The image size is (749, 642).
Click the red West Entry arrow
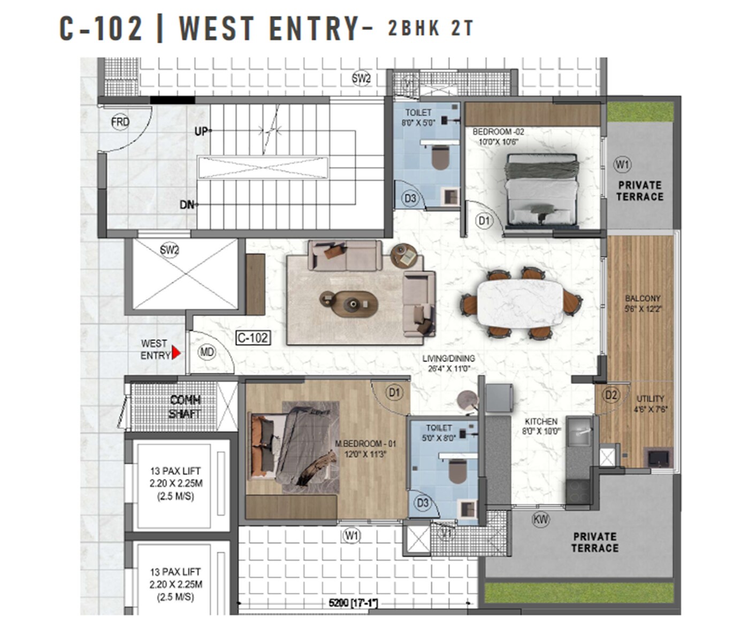[x=176, y=354]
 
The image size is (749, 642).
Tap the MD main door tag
[x=207, y=352]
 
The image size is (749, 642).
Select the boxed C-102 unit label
[x=253, y=338]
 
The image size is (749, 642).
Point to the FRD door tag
[x=120, y=122]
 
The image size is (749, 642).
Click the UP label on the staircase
[x=201, y=131]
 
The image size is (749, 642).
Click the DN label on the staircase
[x=187, y=205]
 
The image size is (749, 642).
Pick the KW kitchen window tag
[x=541, y=518]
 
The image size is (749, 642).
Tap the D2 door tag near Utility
[x=610, y=395]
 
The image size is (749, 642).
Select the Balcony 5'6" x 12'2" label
[x=643, y=303]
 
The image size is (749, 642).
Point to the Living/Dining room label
[x=448, y=363]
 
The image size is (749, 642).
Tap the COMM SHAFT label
[x=185, y=407]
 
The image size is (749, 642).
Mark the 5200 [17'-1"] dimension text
[x=353, y=603]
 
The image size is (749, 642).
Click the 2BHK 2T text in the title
[x=431, y=28]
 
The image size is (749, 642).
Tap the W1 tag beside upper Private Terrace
[x=622, y=164]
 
